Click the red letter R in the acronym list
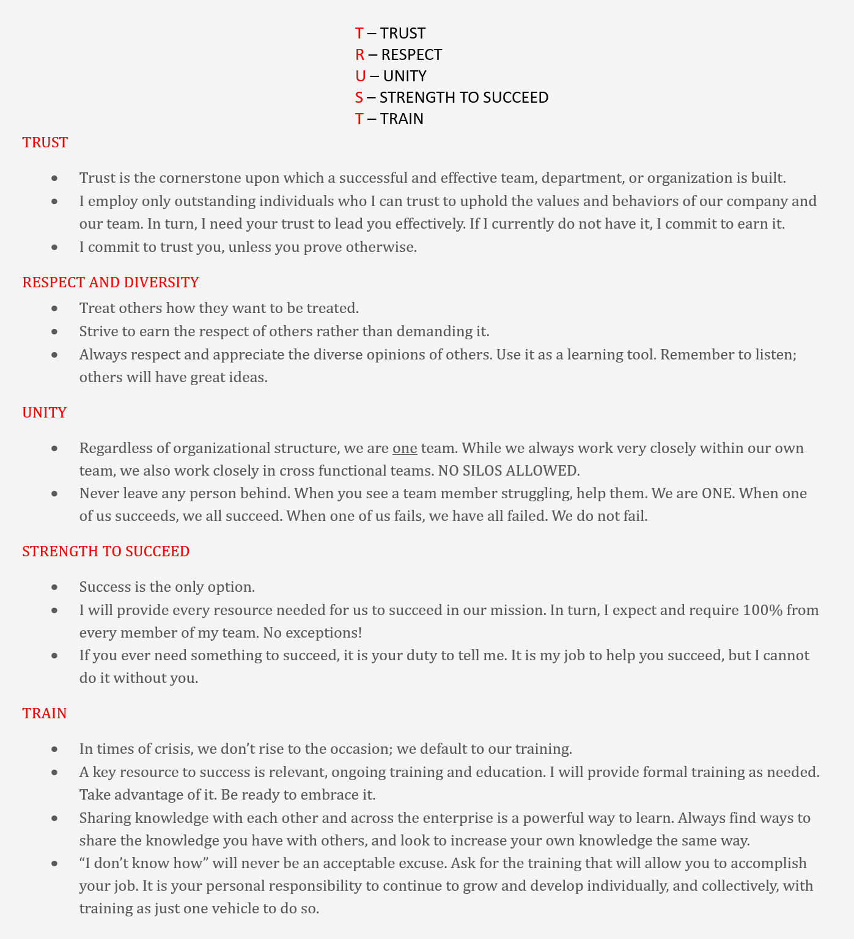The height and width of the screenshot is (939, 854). [359, 55]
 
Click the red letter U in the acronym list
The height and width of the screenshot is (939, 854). [360, 76]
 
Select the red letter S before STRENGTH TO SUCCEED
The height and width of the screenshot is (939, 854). [359, 98]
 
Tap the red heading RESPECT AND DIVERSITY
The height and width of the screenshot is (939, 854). [111, 282]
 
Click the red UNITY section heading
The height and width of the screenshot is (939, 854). [45, 413]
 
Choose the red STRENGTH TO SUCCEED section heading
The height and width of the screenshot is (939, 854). [106, 551]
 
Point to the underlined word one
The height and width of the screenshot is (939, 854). [405, 449]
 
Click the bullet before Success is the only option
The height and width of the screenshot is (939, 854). [55, 587]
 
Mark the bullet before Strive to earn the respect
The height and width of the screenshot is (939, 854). [55, 332]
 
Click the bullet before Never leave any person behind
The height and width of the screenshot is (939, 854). [55, 494]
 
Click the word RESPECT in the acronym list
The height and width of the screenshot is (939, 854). [411, 55]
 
